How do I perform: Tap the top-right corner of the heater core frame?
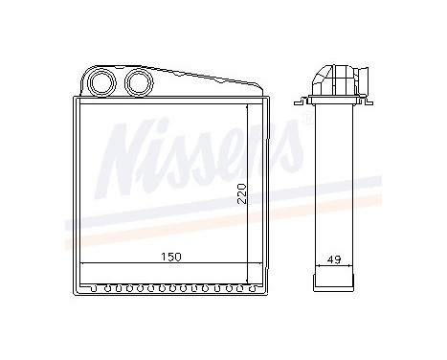point(264,96)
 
